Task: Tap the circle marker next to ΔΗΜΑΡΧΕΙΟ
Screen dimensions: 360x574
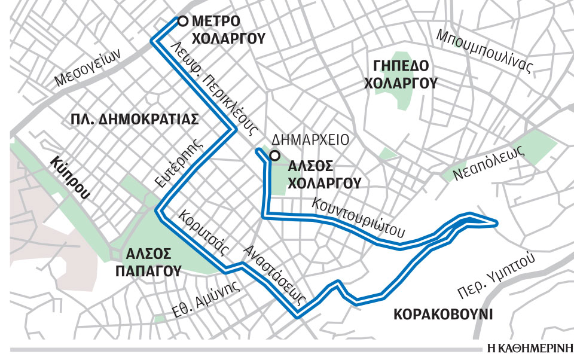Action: [274, 157]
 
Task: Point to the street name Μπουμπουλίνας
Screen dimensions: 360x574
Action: [484, 51]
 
